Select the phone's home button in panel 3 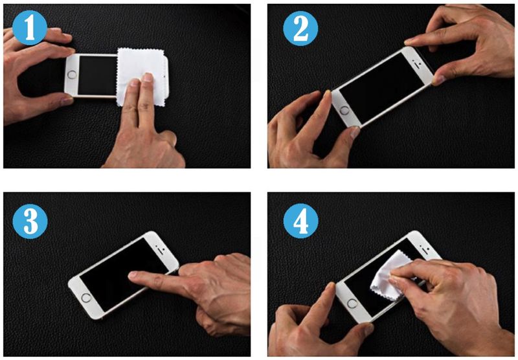point(86,298)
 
